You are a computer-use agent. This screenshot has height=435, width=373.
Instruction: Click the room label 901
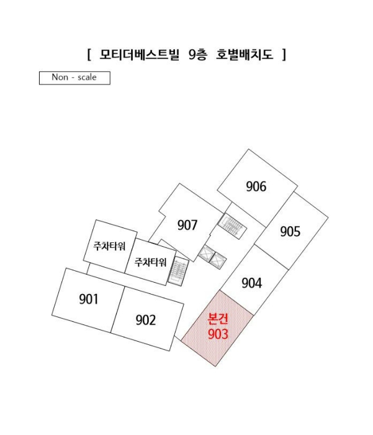(89, 300)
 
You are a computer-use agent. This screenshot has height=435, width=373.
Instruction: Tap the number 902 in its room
(146, 320)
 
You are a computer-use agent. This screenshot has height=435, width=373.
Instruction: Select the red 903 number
(218, 334)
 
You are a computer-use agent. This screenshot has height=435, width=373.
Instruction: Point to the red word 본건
(218, 318)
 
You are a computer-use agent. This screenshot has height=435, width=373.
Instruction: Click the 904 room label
(251, 283)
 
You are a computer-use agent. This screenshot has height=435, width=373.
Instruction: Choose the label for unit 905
(290, 232)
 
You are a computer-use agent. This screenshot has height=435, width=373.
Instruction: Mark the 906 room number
(256, 186)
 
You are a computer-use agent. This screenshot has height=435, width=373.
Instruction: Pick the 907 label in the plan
(187, 225)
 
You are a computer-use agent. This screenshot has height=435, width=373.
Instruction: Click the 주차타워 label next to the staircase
(150, 262)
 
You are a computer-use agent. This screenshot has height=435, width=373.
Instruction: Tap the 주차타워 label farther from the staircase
(109, 246)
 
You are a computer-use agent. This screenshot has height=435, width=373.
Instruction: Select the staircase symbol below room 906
(232, 226)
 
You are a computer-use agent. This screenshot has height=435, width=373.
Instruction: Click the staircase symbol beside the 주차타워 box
(178, 272)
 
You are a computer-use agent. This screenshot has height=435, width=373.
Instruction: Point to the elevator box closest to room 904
(218, 261)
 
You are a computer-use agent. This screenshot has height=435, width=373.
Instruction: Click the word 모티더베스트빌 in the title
(140, 55)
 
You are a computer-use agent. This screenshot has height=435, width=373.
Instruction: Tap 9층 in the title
(198, 55)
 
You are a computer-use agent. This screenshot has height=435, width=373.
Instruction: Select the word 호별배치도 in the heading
(245, 55)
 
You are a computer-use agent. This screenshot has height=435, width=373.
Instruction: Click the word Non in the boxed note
(60, 77)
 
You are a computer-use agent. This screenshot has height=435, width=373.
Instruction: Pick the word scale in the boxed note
(87, 77)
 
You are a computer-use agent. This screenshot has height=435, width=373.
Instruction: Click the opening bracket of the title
(89, 55)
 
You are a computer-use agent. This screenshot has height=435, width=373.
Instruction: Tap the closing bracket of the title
(284, 55)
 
